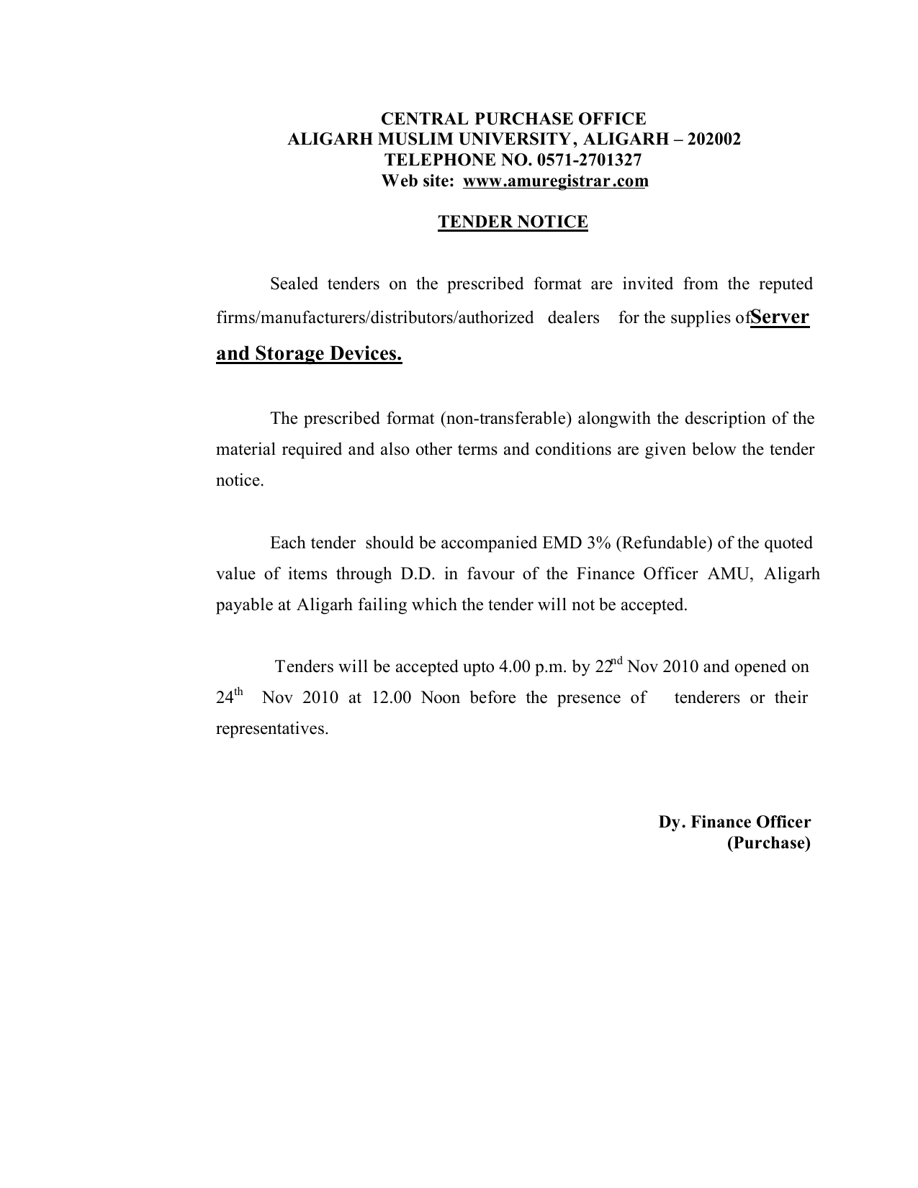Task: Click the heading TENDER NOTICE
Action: pos(513,222)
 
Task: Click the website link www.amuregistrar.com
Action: pos(555,181)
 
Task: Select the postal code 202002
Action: pos(714,140)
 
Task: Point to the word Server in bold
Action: pos(780,317)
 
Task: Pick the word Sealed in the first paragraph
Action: pos(294,284)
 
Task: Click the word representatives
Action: pos(272,729)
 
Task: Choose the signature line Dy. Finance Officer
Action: pos(734,822)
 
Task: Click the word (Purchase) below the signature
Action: pos(768,843)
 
